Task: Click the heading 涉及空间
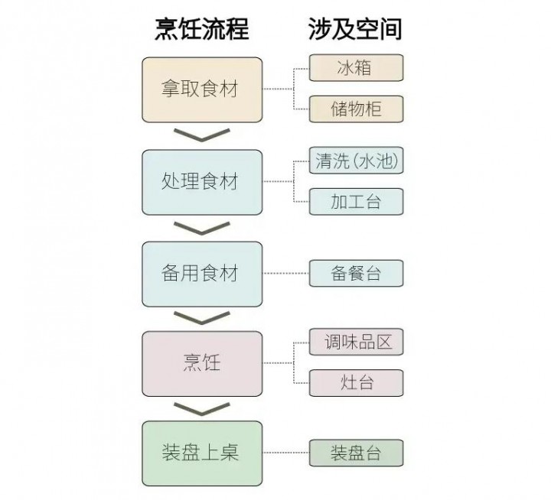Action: [355, 30]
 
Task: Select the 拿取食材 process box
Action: [202, 89]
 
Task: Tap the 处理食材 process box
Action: [202, 182]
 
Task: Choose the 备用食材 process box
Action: [202, 273]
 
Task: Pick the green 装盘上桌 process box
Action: [202, 453]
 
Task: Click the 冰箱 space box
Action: [355, 68]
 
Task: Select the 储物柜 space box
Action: [355, 109]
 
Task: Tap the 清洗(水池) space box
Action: [355, 161]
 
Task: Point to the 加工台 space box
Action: [355, 202]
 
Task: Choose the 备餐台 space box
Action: [355, 273]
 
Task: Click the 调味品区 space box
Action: [355, 342]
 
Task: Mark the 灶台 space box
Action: [355, 382]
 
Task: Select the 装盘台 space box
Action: [355, 453]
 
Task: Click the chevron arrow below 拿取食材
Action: [202, 135]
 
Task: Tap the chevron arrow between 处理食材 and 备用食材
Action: [202, 227]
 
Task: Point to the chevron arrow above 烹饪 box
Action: [202, 317]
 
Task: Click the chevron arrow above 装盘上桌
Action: [202, 408]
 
